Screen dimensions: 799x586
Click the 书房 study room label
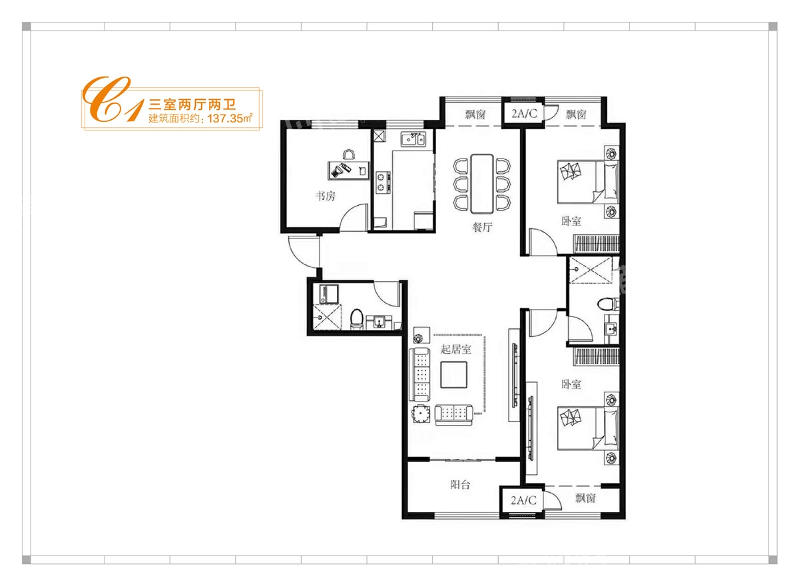click(x=326, y=196)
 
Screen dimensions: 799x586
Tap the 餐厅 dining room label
click(x=482, y=227)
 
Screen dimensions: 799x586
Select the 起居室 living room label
click(x=455, y=349)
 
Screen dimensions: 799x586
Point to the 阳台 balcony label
click(x=460, y=484)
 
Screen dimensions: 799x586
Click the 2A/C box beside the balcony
click(x=523, y=500)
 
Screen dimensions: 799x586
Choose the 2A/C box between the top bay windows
click(x=524, y=113)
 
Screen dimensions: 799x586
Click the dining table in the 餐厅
click(x=482, y=183)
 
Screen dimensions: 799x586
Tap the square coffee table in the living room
click(x=453, y=374)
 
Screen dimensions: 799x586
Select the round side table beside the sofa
click(x=421, y=414)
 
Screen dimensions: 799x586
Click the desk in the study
click(x=348, y=170)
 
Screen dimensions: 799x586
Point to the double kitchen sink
click(x=413, y=139)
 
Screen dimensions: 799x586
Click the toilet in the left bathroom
click(x=356, y=318)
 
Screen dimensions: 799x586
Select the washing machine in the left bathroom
click(x=330, y=294)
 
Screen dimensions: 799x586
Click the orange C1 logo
click(x=113, y=99)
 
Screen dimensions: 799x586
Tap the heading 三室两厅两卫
click(x=192, y=104)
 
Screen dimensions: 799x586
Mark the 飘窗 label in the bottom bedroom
click(x=586, y=498)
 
